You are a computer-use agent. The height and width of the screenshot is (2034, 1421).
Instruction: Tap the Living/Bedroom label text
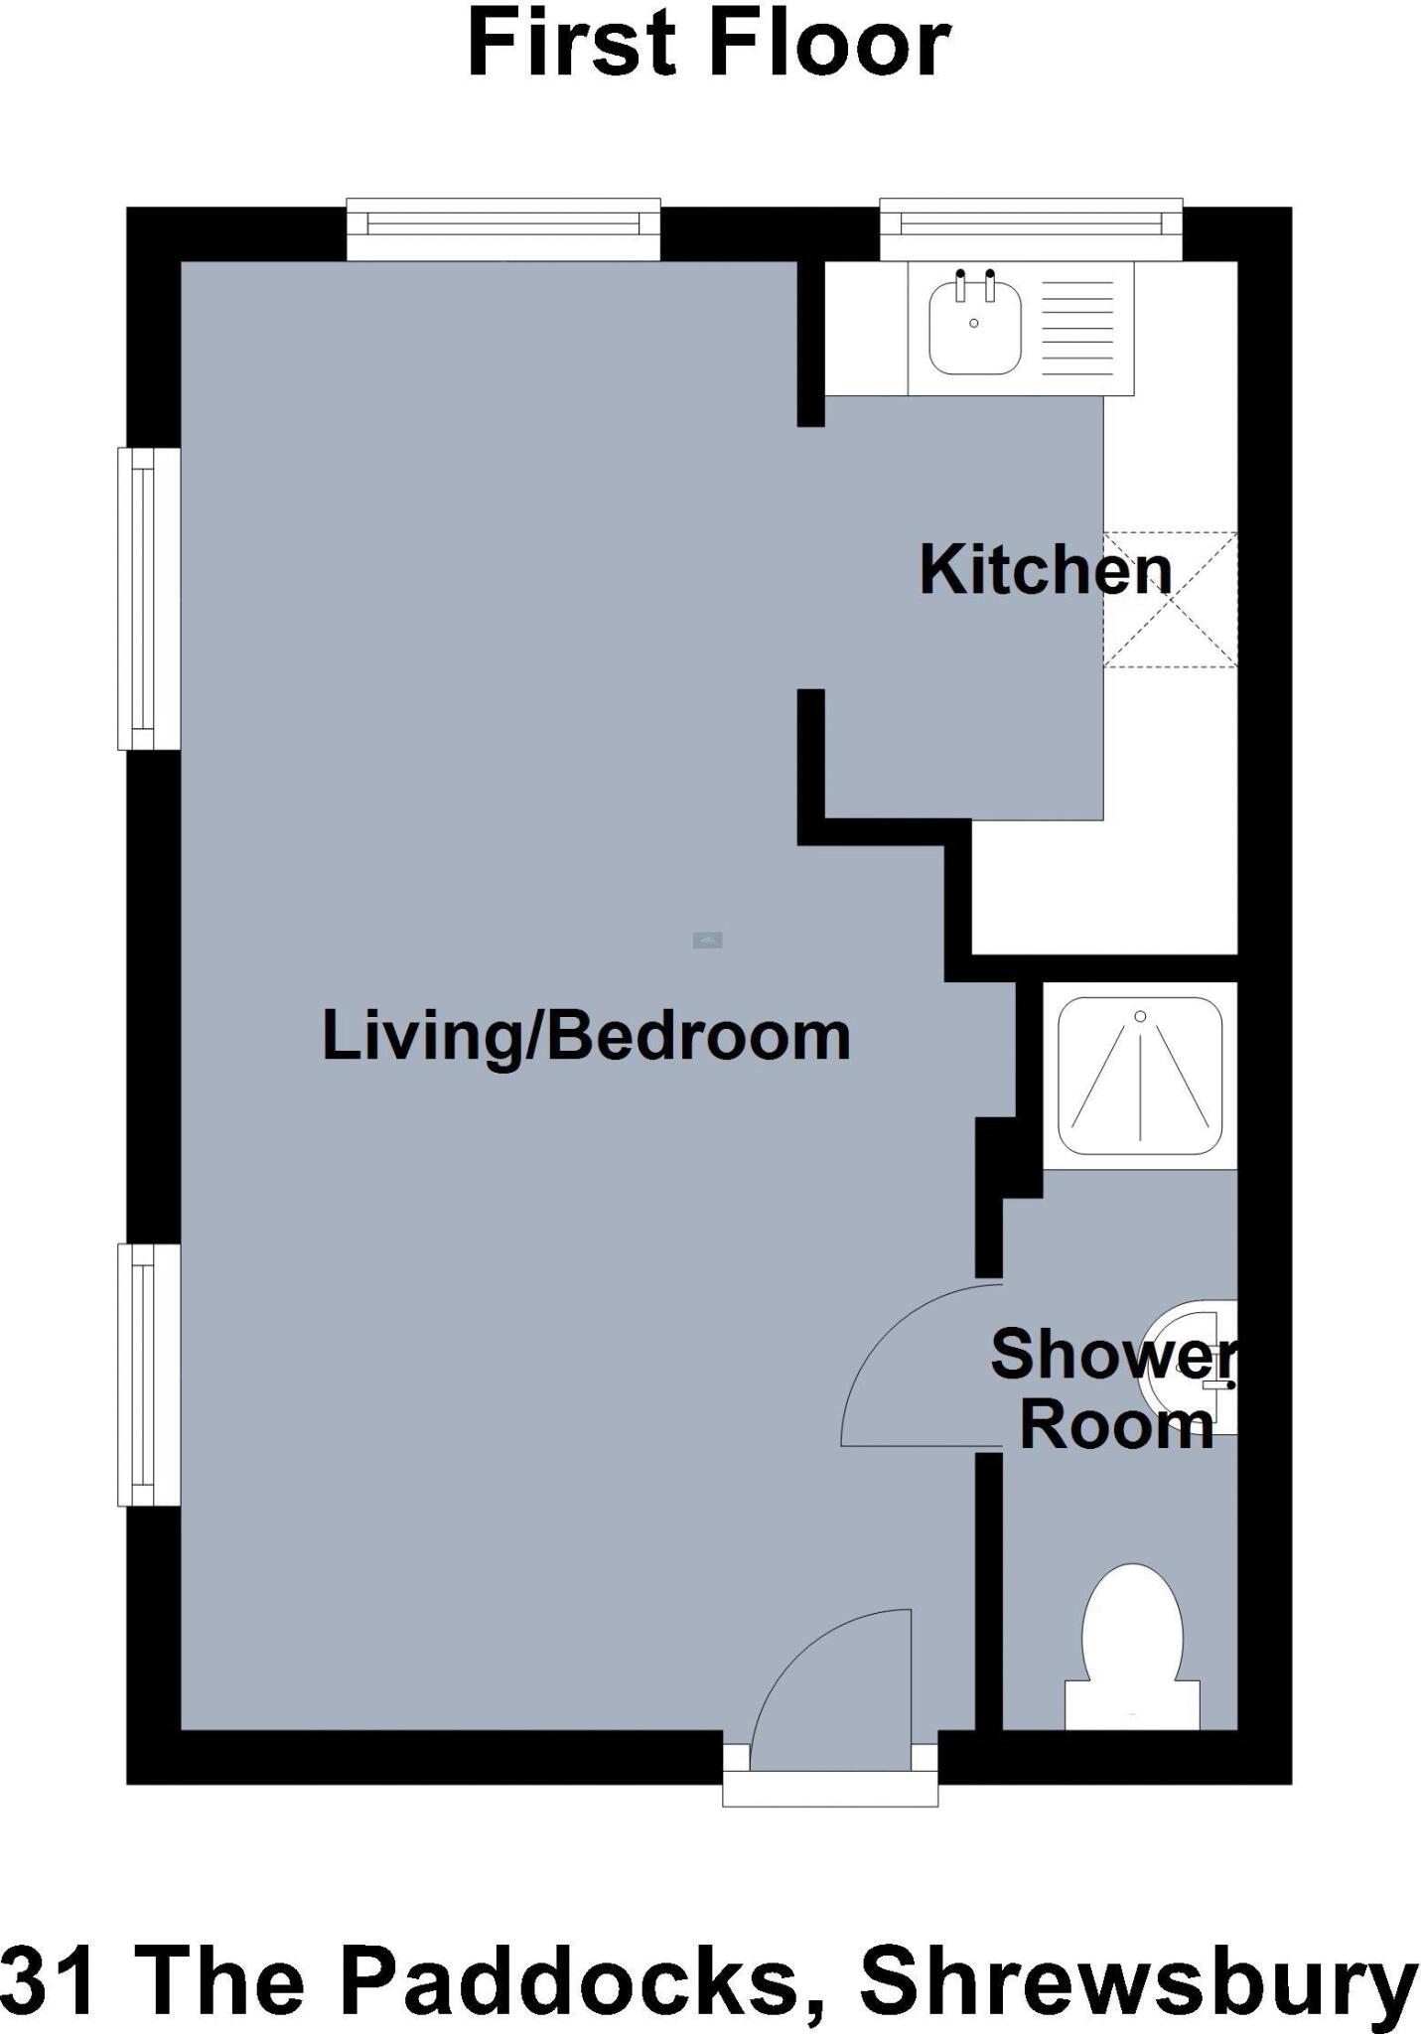[586, 1037]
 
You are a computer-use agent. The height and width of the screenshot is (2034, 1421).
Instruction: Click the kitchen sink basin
[974, 329]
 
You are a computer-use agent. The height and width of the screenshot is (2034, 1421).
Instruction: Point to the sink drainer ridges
[1078, 328]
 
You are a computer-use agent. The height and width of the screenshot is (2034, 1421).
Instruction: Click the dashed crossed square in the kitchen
[1170, 600]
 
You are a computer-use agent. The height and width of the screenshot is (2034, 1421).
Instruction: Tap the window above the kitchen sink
[1031, 229]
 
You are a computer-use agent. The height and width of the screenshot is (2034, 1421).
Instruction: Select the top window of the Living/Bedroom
[503, 229]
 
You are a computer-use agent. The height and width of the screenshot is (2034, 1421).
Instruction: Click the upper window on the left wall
[148, 599]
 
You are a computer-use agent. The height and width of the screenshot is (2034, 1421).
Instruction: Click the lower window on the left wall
[148, 1375]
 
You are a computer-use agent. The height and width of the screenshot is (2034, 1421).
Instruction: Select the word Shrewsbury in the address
[1138, 1978]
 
